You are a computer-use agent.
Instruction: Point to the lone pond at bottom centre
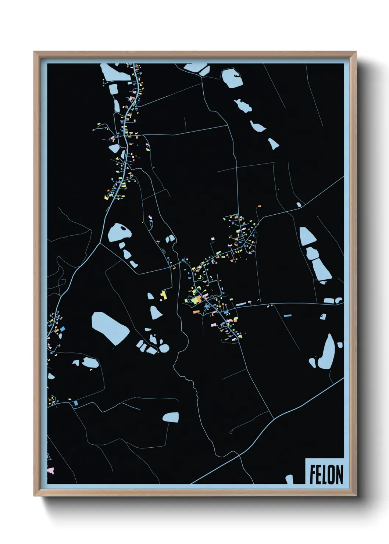(171, 417)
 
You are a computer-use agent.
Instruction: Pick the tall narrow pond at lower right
(326, 352)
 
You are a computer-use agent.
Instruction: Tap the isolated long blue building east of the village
(288, 315)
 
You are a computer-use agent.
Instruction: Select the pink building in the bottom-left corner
(50, 470)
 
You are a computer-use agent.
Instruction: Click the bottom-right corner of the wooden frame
(356, 495)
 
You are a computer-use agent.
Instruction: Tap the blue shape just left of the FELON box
(290, 479)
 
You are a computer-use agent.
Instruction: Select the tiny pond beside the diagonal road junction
(299, 205)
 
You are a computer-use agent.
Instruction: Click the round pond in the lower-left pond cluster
(164, 348)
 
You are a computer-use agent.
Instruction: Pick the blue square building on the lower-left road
(76, 403)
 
